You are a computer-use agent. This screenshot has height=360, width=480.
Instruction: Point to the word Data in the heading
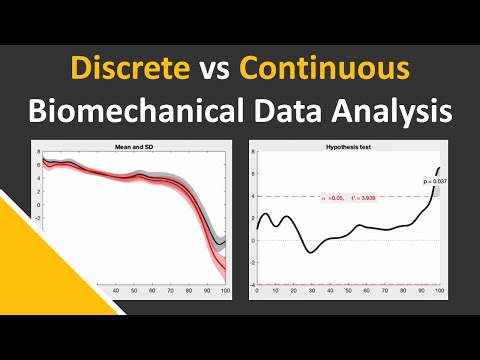coord(304,109)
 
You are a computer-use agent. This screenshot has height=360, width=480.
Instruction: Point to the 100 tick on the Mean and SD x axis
coord(225,290)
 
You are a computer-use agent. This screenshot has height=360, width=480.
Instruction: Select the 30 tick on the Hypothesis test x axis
coord(311,290)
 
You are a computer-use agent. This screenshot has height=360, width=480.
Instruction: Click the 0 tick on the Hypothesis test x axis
coord(257,290)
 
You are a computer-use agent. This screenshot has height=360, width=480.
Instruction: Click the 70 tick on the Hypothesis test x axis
coord(385,290)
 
